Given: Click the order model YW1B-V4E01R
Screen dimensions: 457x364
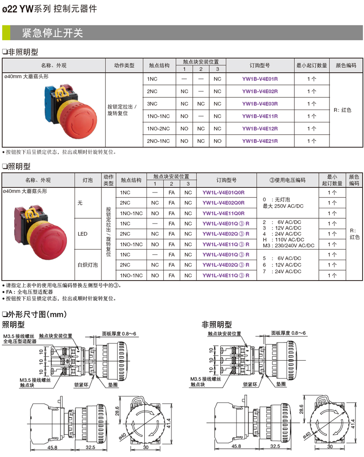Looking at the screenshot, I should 260,79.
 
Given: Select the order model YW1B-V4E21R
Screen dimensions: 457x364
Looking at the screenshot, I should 260,141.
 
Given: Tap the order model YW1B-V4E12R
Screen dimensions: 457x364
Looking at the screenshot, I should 260,129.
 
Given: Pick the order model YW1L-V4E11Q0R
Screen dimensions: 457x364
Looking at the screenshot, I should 223,213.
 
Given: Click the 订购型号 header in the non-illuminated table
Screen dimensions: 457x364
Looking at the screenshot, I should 260,65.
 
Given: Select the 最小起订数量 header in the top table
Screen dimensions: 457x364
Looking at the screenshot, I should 312,65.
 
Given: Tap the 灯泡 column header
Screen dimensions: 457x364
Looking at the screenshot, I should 87,180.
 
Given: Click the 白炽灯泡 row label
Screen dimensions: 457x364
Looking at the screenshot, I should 85,264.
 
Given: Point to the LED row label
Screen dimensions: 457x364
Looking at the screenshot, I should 82,234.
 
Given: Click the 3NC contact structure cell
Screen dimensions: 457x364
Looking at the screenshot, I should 152,104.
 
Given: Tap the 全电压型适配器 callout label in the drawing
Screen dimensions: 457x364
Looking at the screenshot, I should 20,341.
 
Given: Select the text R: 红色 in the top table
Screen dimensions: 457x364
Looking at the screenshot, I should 342,110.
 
